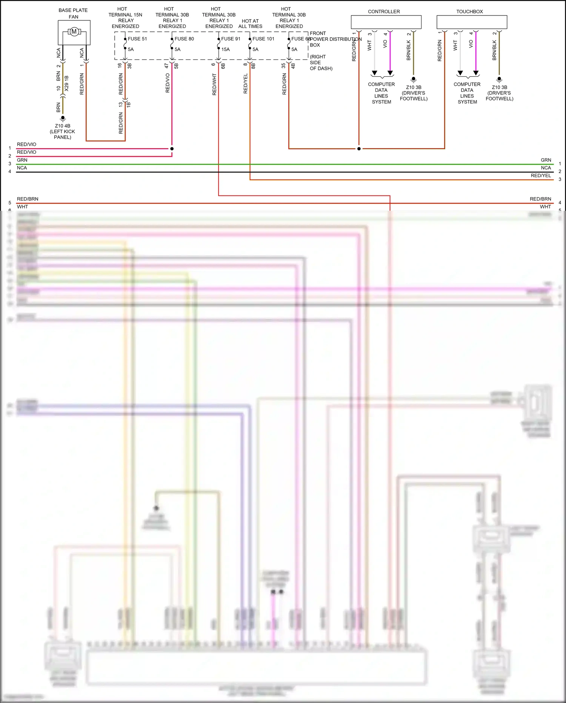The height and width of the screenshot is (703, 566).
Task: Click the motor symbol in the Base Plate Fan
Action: pos(74,32)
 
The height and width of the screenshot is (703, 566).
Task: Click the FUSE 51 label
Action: pos(137,39)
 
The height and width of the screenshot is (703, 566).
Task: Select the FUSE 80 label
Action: pos(184,39)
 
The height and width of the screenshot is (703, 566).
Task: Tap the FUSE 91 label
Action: pos(231,39)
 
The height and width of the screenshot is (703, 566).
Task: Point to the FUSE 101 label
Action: pos(263,39)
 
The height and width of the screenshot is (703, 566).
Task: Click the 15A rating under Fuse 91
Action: pos(226,49)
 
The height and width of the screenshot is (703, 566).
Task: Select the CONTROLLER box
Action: pos(386,22)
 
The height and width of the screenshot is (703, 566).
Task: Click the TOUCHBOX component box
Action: pos(472,22)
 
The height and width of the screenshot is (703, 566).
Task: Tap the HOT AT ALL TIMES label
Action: pos(250,24)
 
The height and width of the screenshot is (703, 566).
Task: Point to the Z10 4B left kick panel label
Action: pos(63,131)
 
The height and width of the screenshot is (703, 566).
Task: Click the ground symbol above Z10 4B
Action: pos(63,119)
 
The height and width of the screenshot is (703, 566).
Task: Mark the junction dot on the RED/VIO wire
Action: pos(172,149)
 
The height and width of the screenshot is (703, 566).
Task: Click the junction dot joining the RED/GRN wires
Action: pos(359,149)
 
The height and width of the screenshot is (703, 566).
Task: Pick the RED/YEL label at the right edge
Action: pos(541,176)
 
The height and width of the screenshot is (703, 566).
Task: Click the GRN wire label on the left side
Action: pos(22,160)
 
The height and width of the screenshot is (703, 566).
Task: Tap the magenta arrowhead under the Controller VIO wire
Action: pos(390,73)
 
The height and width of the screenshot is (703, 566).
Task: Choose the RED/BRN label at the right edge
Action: pos(540,199)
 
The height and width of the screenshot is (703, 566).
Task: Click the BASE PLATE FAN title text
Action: pos(73,14)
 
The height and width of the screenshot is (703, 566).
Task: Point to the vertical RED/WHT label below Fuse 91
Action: pos(214,84)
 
